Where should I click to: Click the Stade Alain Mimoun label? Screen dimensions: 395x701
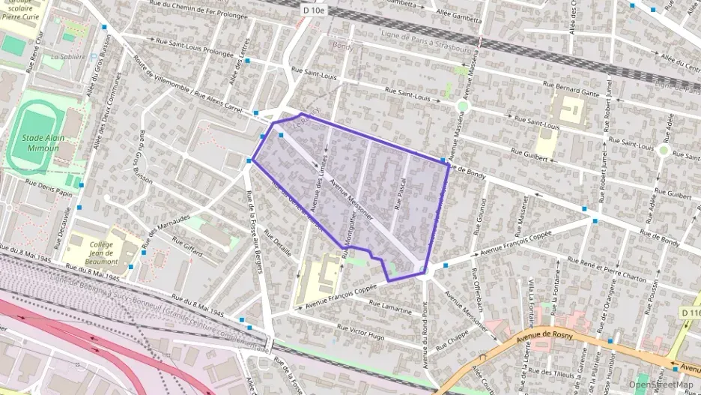[40, 143]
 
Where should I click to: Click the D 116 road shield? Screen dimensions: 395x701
[691, 312]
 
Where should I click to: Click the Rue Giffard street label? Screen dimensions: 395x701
[187, 247]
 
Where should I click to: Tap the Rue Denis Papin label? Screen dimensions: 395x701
[49, 187]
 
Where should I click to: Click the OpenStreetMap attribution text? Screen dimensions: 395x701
[660, 385]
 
